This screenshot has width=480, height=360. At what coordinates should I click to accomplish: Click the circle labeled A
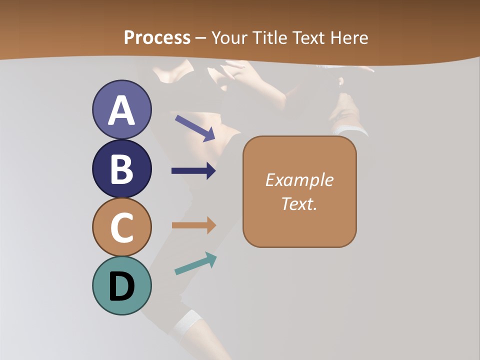click(121, 109)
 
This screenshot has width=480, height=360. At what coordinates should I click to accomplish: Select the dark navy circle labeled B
click(121, 168)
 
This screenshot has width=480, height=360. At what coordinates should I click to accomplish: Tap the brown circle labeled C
click(121, 227)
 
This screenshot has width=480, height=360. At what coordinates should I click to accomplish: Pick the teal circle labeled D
click(121, 285)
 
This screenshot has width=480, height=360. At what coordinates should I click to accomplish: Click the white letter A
click(121, 110)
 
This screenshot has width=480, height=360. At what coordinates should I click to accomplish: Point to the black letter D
click(121, 287)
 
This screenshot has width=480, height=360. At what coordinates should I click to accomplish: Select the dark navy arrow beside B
click(193, 171)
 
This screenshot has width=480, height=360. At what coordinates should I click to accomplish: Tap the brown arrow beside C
click(193, 225)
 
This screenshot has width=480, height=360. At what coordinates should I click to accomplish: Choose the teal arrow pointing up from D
click(195, 263)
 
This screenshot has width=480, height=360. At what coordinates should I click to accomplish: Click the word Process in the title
click(157, 37)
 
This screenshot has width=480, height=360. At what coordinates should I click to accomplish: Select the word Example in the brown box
click(299, 180)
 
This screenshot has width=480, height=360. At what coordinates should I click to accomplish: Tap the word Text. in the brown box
click(299, 203)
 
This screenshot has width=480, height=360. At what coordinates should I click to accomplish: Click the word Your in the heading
click(229, 37)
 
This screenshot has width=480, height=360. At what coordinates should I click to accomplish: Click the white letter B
click(121, 169)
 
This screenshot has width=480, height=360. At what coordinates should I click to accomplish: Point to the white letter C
click(121, 228)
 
